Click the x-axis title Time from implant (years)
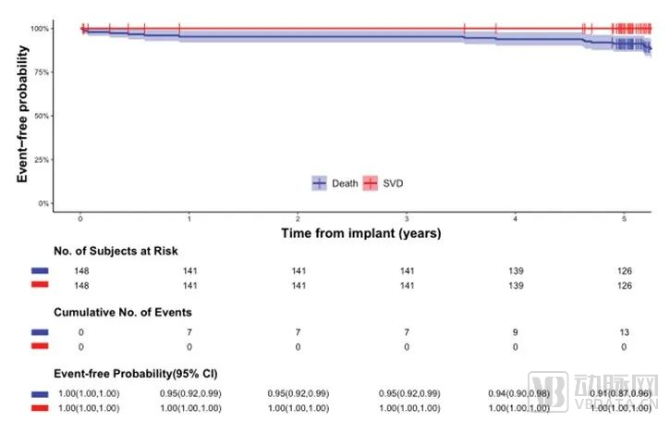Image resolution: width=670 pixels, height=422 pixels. (361, 233)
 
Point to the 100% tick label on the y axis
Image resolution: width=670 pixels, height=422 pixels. (40, 29)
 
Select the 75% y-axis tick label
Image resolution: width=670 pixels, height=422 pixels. (42, 72)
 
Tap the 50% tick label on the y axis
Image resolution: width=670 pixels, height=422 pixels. (42, 116)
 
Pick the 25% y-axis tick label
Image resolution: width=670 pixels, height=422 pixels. (42, 159)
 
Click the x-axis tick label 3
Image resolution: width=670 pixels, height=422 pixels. (407, 218)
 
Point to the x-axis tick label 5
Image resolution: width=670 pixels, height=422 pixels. (624, 218)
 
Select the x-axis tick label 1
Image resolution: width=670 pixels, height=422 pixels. (189, 218)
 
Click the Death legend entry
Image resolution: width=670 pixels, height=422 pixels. (336, 183)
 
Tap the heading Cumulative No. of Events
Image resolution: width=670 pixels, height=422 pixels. (123, 312)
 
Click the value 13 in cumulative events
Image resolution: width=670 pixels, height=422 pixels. (624, 330)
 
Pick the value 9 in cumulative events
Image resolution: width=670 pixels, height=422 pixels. (516, 330)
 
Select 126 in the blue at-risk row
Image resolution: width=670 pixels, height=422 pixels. (624, 271)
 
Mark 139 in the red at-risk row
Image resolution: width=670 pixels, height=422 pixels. (516, 286)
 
